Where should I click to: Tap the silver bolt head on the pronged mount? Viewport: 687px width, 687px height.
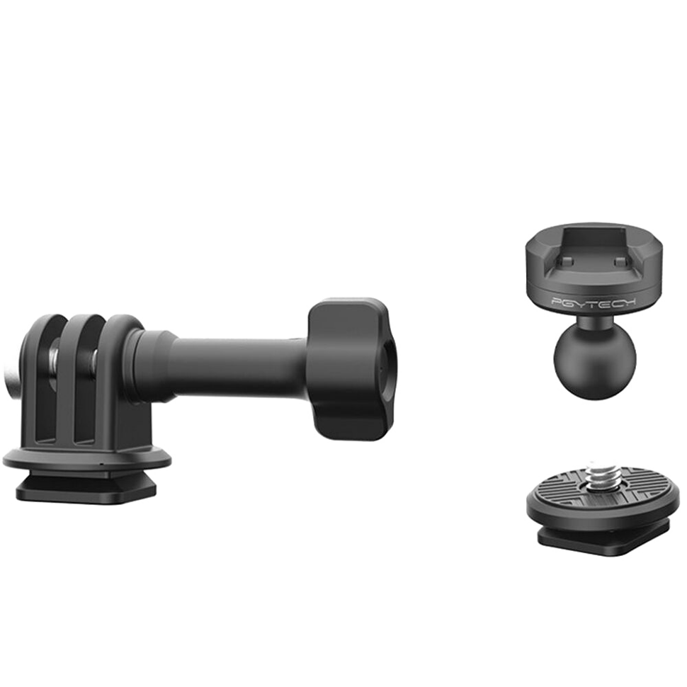12,360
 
